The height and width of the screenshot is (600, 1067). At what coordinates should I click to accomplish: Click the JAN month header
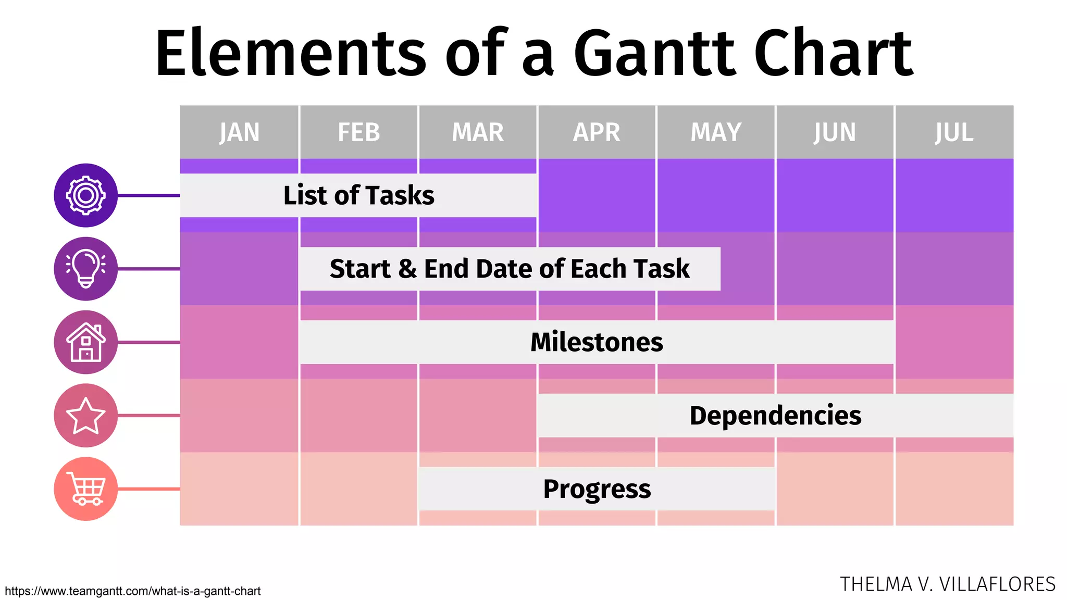239,132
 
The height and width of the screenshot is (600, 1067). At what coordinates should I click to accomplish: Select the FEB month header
358,132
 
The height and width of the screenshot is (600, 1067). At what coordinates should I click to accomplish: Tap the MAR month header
478,132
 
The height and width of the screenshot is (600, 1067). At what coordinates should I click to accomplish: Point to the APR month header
597,132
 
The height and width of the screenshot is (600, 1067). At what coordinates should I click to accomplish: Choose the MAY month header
716,132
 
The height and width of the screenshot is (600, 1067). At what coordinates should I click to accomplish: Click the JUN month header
835,132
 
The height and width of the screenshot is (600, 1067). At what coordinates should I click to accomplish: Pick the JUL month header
954,132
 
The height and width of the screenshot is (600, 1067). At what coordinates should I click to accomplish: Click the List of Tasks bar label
358,195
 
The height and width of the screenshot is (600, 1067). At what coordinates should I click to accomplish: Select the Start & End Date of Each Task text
510,269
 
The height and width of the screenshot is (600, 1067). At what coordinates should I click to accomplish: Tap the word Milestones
597,342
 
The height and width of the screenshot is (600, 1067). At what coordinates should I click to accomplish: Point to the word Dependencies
775,416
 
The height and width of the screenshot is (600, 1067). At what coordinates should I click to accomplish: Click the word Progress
597,489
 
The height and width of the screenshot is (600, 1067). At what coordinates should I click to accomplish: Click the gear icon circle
86,195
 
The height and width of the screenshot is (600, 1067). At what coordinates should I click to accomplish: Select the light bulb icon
86,269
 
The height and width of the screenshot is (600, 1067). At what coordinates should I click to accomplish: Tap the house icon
86,342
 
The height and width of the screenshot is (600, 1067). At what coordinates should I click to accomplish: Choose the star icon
86,416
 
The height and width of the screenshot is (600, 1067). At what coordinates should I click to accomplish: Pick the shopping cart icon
86,489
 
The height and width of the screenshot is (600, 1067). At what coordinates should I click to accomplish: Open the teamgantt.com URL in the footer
133,591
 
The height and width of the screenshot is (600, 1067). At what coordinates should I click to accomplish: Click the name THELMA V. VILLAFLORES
947,584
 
